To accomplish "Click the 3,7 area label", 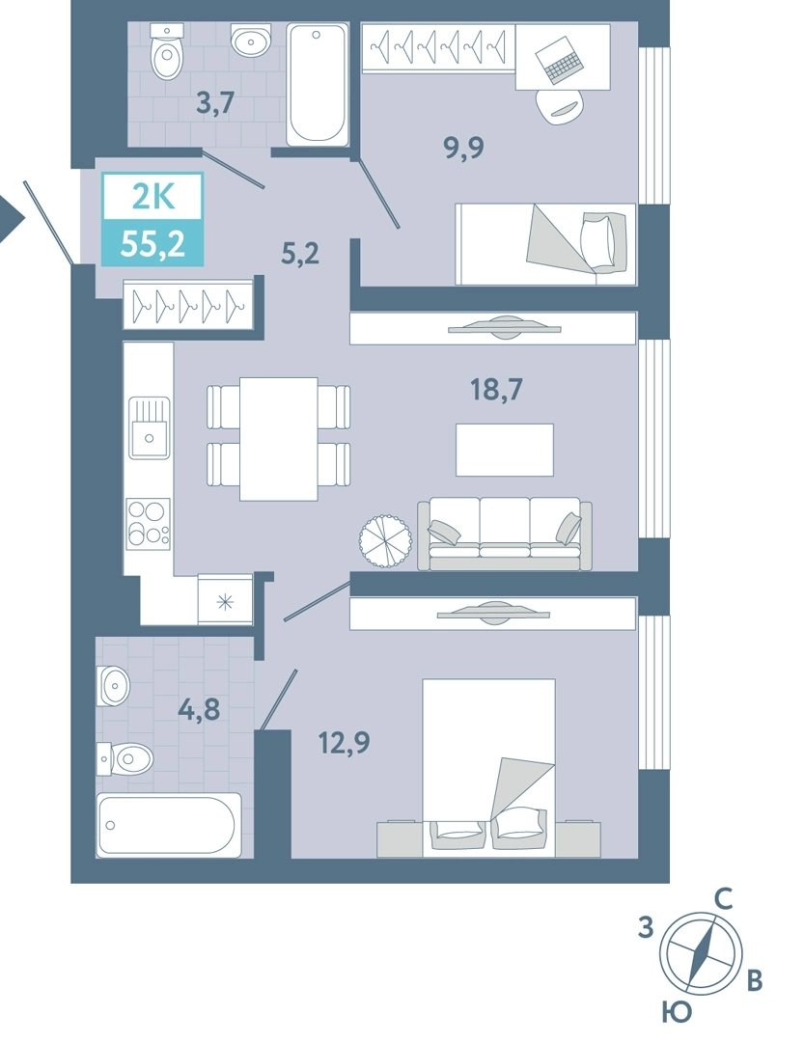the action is pos(216,103).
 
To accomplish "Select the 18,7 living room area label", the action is pos(496,390).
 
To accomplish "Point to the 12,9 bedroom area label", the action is pos(344,742).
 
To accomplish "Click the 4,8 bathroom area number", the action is pos(199,709).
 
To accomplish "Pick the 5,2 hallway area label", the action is pos(300,253).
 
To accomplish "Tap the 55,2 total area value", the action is pos(152,245).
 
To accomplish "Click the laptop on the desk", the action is pos(561,60).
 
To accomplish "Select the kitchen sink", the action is pos(149,426).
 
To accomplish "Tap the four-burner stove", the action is pos(149,523).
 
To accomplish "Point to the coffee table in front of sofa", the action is pos(504,450).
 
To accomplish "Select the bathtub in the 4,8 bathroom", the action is pos(168,824).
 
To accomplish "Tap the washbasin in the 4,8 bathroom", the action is pos(114,685).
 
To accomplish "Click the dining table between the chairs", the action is pos(279,439).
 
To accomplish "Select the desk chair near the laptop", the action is pos(562,106).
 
